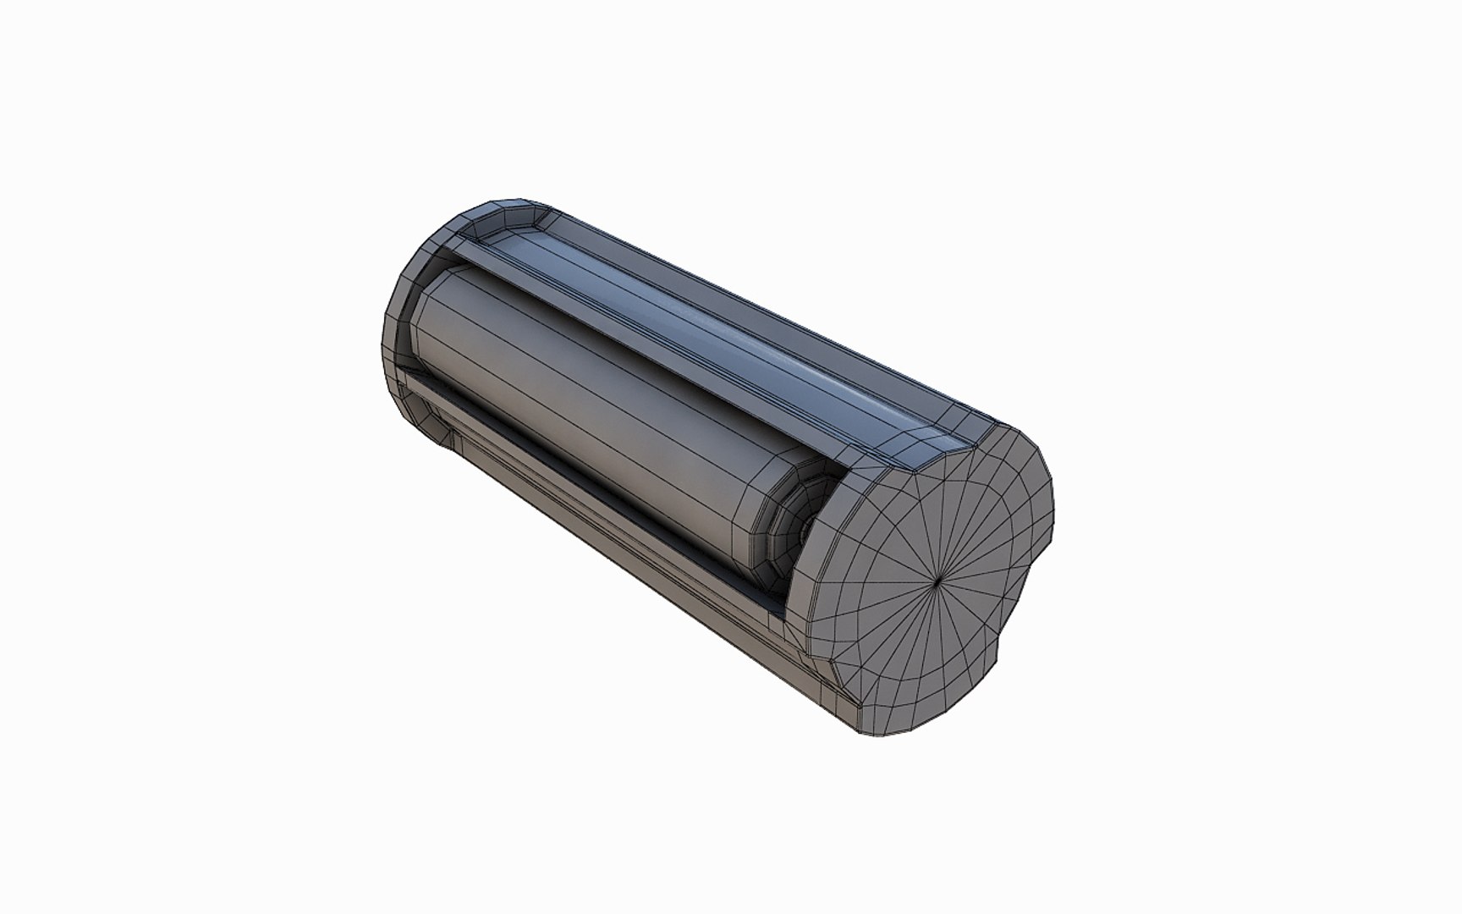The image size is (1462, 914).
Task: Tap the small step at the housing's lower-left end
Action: pyautogui.click(x=448, y=440)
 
